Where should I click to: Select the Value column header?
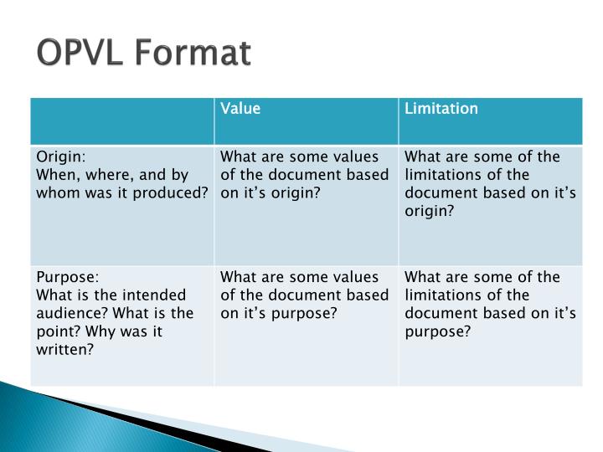(240, 109)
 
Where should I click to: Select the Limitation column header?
(441, 109)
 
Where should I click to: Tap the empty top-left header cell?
(122, 121)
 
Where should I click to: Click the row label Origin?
(60, 157)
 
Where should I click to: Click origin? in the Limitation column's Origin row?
(430, 212)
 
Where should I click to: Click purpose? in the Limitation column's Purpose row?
(438, 331)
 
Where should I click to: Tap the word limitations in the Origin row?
(442, 175)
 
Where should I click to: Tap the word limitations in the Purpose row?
(442, 295)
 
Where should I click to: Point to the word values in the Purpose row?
(357, 277)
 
